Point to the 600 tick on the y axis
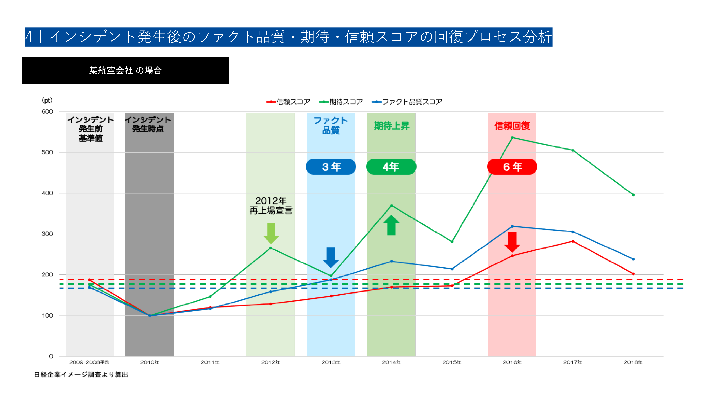(47, 111)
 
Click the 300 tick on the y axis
(47, 234)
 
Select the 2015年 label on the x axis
(451, 362)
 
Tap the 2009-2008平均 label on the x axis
(89, 362)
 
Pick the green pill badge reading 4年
(391, 167)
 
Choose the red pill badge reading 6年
(512, 167)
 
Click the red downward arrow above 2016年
(512, 242)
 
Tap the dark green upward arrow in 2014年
(391, 225)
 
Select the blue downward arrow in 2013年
(331, 257)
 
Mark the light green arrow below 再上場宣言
(271, 233)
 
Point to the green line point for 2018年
(633, 195)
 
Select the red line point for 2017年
(573, 241)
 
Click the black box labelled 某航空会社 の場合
(125, 70)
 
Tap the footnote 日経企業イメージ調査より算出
(81, 375)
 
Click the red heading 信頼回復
(512, 126)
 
